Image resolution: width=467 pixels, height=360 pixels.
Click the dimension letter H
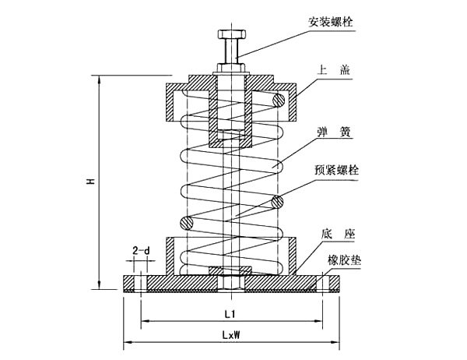[90, 181]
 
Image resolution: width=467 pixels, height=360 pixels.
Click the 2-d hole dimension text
[141, 251]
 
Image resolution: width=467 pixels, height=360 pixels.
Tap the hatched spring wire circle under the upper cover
[277, 99]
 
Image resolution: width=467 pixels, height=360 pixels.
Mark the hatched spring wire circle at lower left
[184, 223]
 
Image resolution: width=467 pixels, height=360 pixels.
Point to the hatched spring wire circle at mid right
[276, 203]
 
